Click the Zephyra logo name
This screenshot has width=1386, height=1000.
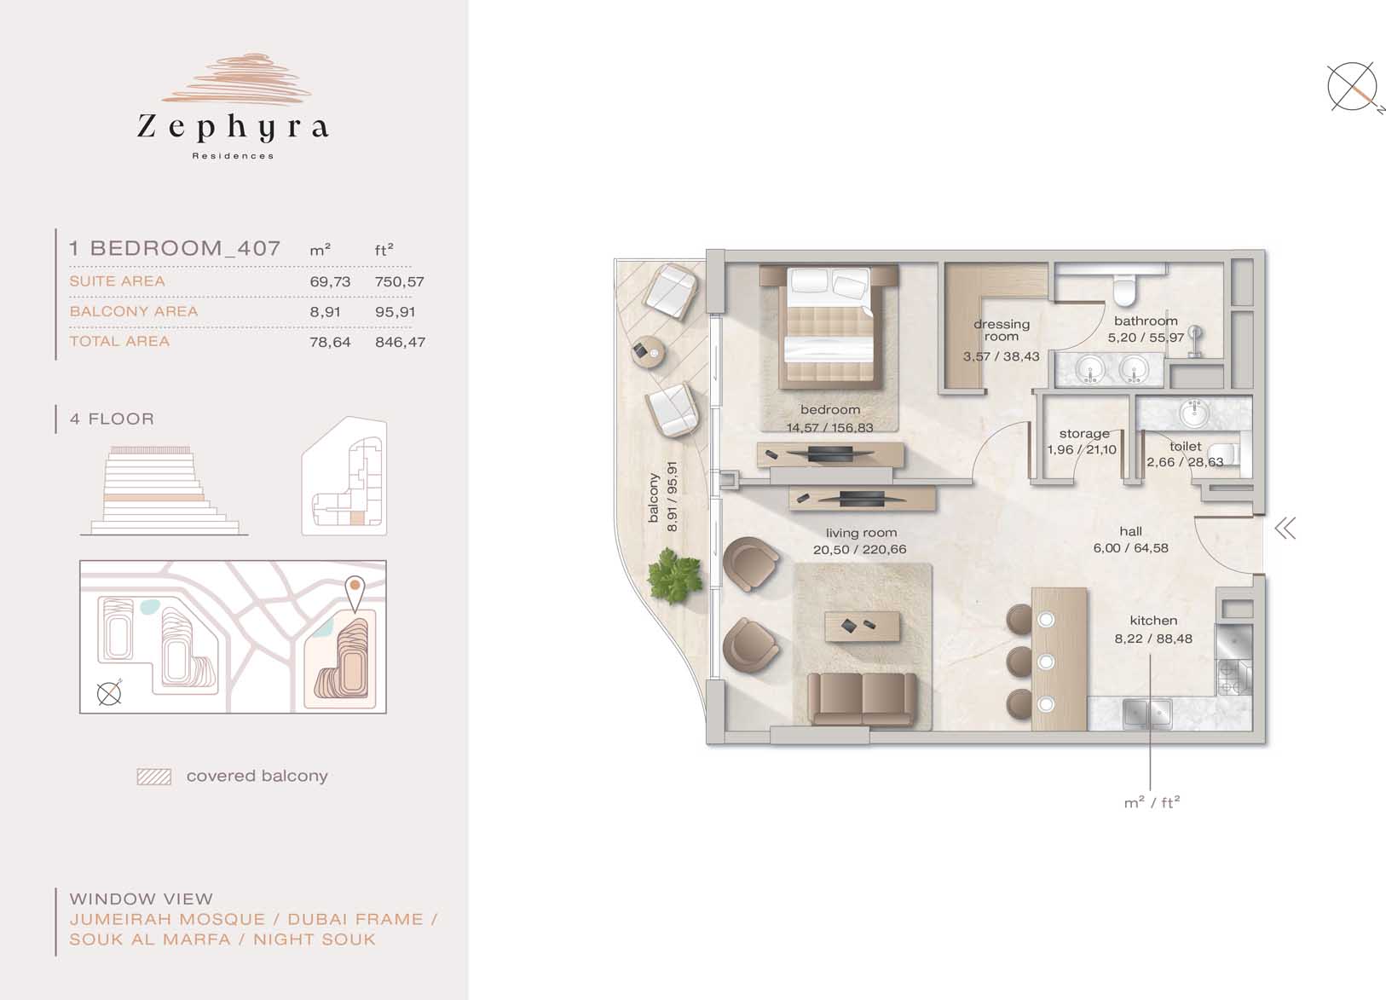233,128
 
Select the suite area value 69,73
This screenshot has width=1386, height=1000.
330,281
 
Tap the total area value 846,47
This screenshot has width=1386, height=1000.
400,342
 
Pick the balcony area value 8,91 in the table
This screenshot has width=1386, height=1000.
325,312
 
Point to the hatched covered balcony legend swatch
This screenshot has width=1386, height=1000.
154,777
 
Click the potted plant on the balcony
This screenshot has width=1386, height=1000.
674,575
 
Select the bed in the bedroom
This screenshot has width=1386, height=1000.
829,327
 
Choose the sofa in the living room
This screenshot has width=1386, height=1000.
862,699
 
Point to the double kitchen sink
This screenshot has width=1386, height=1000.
1146,714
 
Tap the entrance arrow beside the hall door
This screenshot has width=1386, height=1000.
1285,529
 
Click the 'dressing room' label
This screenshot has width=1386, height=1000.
1001,330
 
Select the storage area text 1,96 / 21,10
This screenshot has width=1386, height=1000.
1082,450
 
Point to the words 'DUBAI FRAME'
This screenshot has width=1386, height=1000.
355,920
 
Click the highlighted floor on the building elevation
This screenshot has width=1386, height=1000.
154,497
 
